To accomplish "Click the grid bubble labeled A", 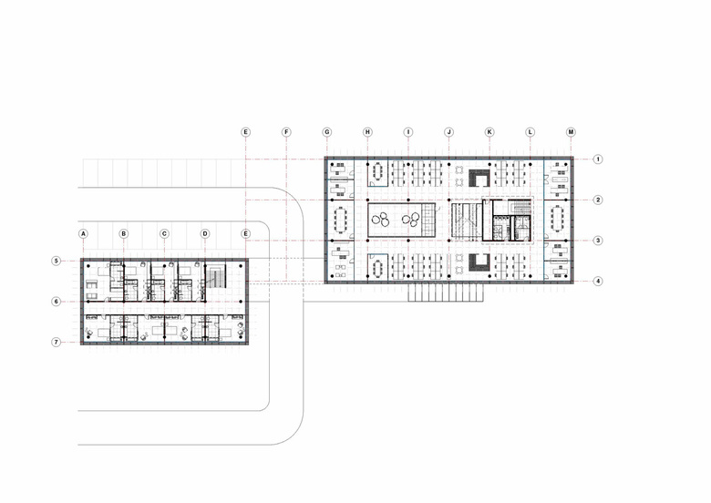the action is [x=83, y=234].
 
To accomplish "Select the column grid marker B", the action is [x=124, y=234].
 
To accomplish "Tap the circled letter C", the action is [x=165, y=234].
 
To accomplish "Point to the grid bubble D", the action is [x=205, y=234].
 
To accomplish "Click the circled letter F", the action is [x=286, y=132].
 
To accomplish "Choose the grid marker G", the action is [x=327, y=132].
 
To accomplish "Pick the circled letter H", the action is [x=367, y=132].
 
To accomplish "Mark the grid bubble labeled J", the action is [x=448, y=132].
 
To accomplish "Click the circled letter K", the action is [x=489, y=132].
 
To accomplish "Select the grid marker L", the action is [x=531, y=132].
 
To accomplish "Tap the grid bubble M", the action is [x=571, y=132].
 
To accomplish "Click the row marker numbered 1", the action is [x=598, y=159].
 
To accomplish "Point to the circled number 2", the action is [x=598, y=200].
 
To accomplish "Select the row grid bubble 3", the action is [x=598, y=241].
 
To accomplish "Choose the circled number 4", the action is [x=598, y=281].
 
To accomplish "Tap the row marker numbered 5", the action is [x=56, y=261].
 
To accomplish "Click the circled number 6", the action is [x=56, y=302].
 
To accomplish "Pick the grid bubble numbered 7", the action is [x=56, y=342].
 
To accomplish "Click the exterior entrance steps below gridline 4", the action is [x=446, y=293].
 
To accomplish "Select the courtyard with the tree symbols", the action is [x=397, y=221].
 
